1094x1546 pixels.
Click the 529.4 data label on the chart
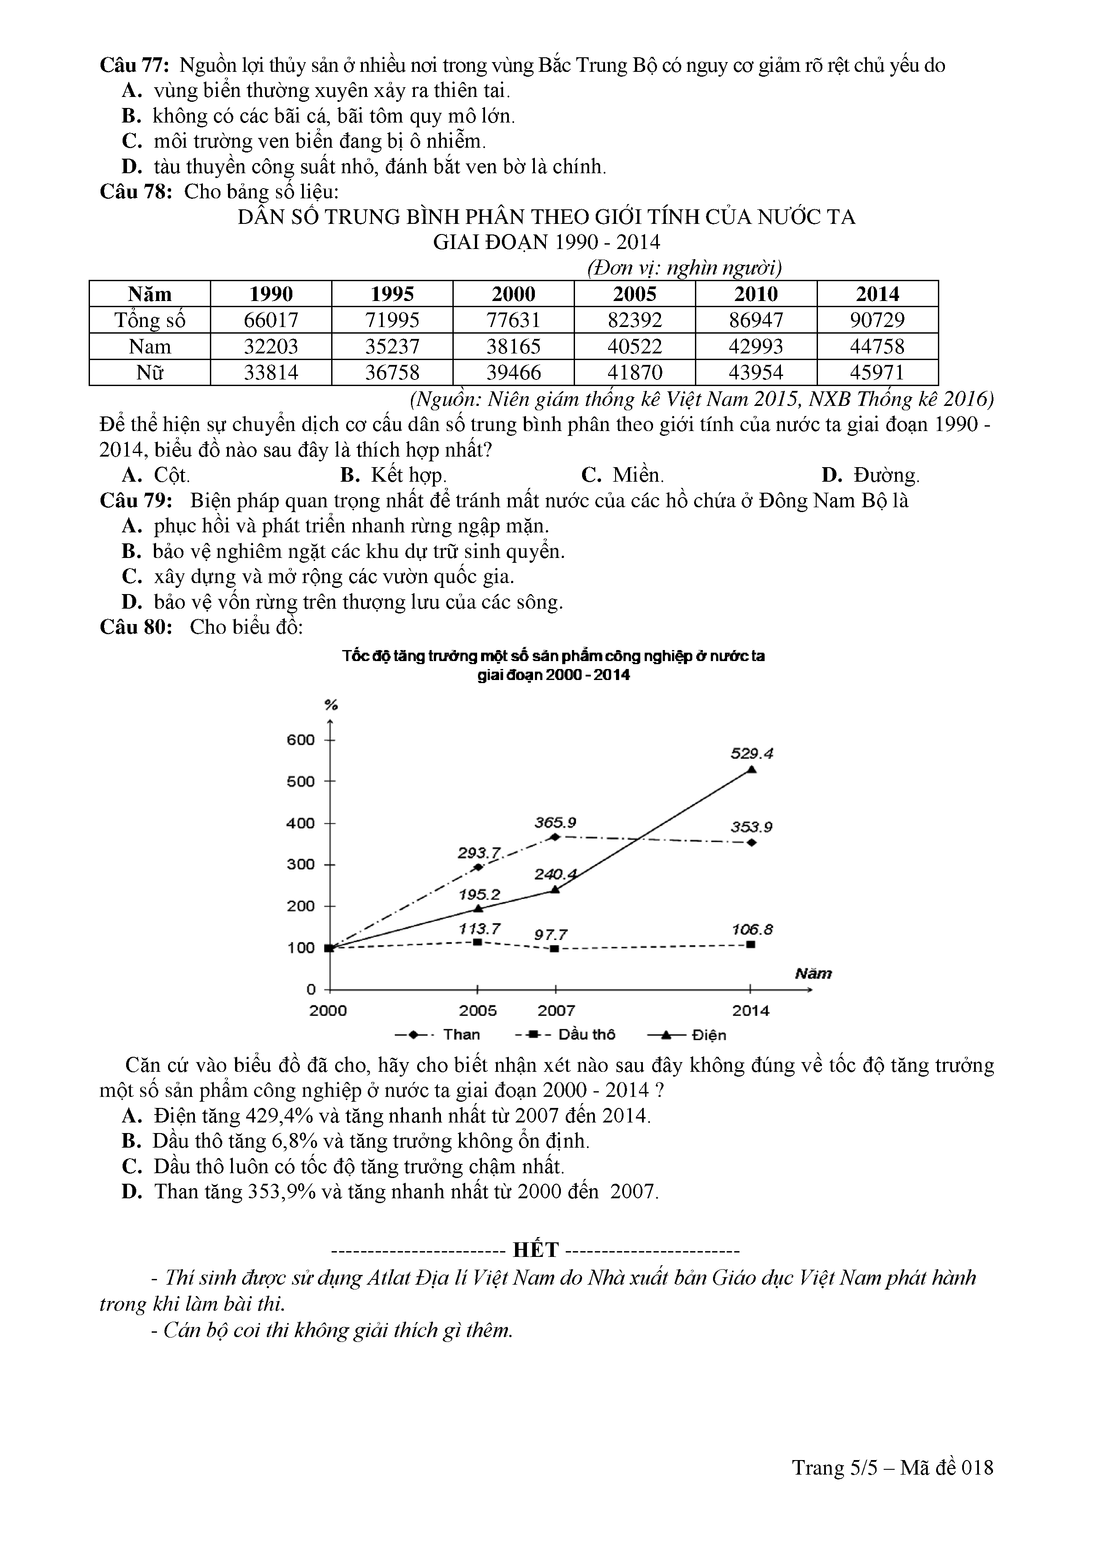coord(752,753)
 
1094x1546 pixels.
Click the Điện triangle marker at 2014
coord(751,769)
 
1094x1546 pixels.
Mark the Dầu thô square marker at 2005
coord(478,941)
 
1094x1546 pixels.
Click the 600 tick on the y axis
coord(301,740)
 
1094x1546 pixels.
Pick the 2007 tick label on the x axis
coord(556,1010)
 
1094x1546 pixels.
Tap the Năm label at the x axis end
coord(813,974)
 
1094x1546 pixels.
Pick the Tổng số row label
coord(149,320)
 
